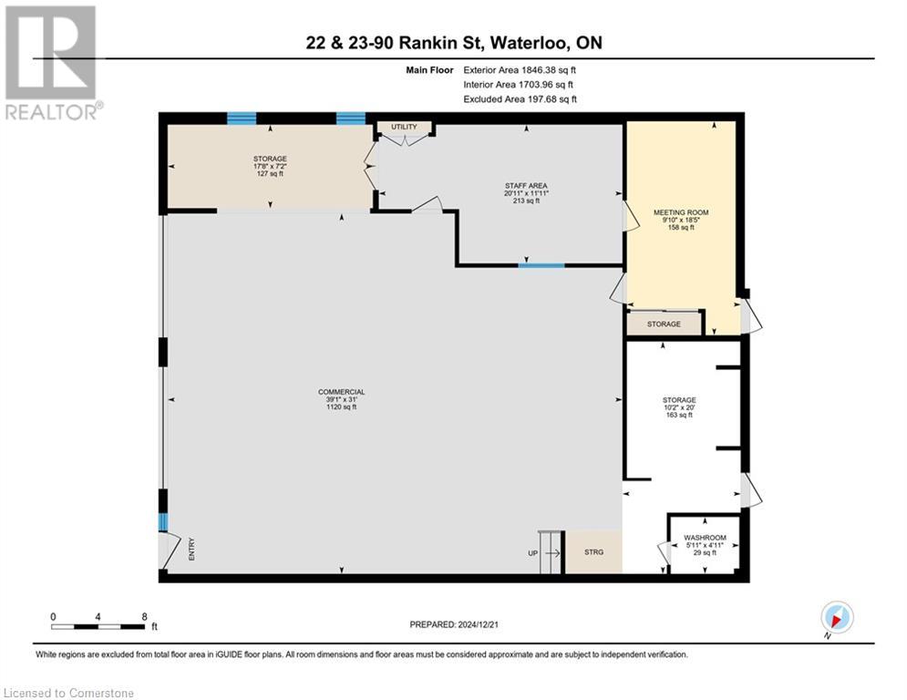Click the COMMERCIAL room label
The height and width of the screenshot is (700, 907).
[x=342, y=392]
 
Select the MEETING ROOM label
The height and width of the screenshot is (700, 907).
[x=680, y=212]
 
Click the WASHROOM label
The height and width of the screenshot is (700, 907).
[x=705, y=538]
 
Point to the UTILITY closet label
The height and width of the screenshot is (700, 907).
[x=403, y=127]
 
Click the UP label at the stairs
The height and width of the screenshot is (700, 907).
[x=531, y=552]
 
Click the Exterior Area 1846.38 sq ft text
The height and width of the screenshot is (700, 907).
[x=520, y=69]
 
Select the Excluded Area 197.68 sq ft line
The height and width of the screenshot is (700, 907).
[x=520, y=99]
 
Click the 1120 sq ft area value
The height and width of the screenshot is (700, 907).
[x=342, y=407]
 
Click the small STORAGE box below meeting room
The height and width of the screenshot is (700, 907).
[x=664, y=324]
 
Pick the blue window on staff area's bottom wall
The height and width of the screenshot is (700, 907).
[x=541, y=266]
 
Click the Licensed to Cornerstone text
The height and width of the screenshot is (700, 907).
[x=68, y=694]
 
